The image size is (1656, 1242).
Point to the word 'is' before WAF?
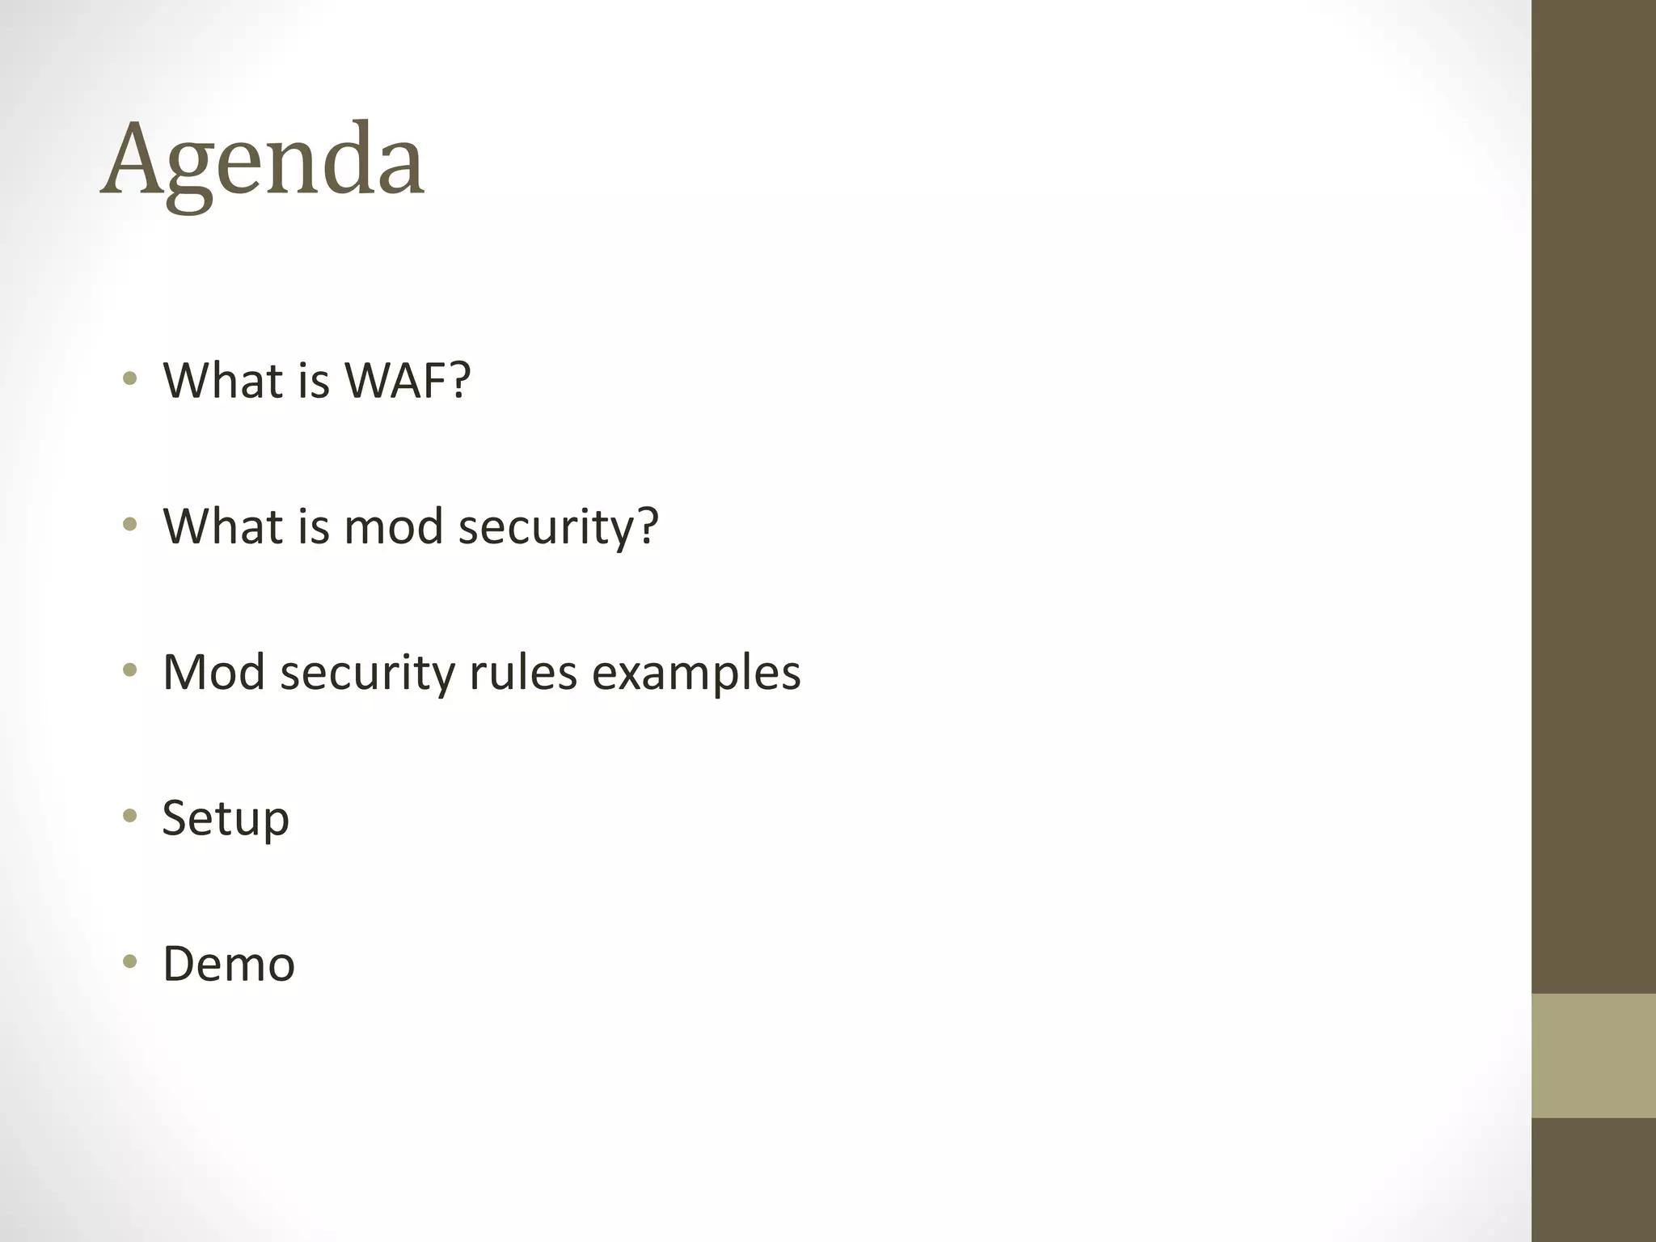[314, 380]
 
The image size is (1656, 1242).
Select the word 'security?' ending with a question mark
[559, 527]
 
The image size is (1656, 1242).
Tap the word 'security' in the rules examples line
[367, 673]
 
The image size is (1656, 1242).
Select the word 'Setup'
[226, 818]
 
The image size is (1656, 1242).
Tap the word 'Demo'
[229, 964]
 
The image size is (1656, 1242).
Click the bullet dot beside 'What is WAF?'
[129, 378]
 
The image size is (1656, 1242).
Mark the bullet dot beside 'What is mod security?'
[129, 524]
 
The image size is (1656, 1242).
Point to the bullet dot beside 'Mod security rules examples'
[129, 670]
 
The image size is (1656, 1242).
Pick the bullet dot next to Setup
[129, 816]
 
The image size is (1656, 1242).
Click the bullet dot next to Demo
[129, 961]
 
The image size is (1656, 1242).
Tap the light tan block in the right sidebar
[1593, 1055]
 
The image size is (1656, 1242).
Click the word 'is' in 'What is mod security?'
[314, 526]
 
